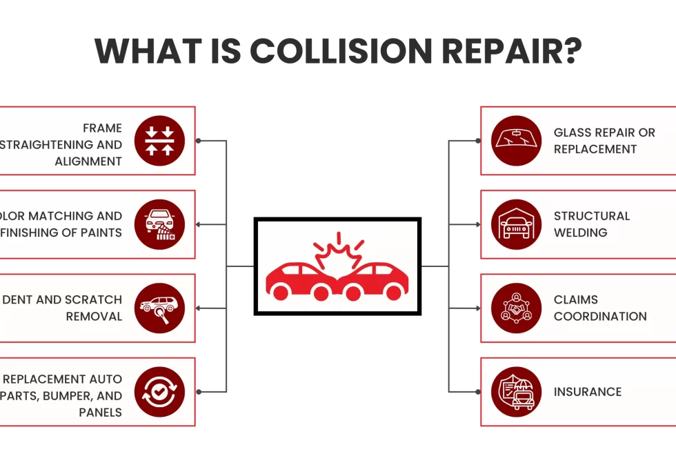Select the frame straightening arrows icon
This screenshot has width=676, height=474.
pos(159,141)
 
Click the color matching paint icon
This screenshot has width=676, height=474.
pos(159,224)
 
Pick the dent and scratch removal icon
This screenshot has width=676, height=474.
pos(159,308)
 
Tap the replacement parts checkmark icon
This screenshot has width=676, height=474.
pos(159,392)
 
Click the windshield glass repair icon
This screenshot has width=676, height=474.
pos(517,141)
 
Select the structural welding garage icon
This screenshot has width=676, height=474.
pos(517,224)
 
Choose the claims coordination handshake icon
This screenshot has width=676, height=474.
pos(517,308)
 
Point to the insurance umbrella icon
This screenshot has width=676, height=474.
pos(517,392)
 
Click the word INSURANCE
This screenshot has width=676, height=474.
pos(587,392)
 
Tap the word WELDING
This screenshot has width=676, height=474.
pos(580,233)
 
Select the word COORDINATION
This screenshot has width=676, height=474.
pos(600,317)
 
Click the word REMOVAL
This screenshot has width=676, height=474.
pos(94,317)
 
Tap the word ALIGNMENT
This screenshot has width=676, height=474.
pos(88,161)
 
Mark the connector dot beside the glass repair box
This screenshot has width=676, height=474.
pos(476,141)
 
